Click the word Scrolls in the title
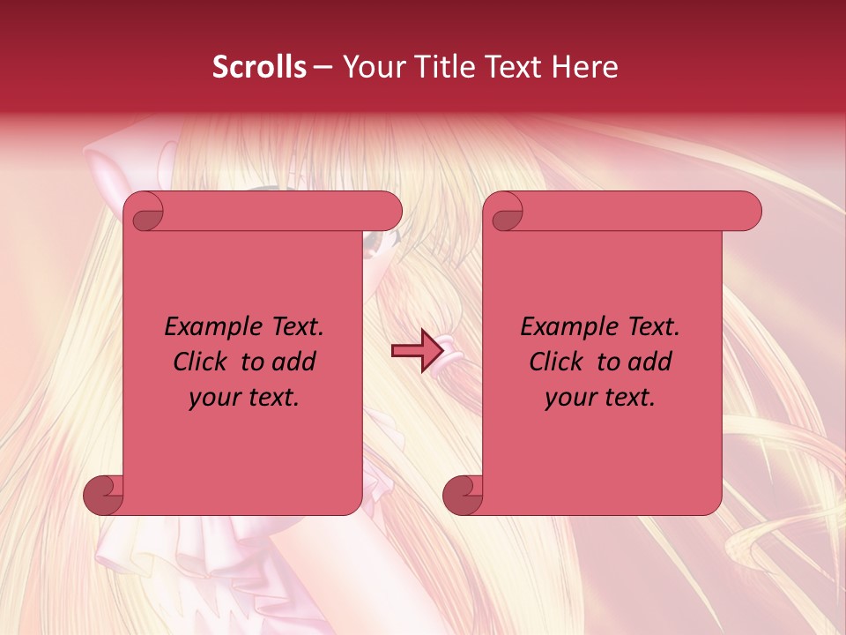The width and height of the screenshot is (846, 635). point(259,67)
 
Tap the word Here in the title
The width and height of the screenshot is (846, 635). point(586,67)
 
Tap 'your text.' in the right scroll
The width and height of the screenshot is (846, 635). point(600,397)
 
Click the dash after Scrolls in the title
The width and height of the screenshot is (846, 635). point(323,67)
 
